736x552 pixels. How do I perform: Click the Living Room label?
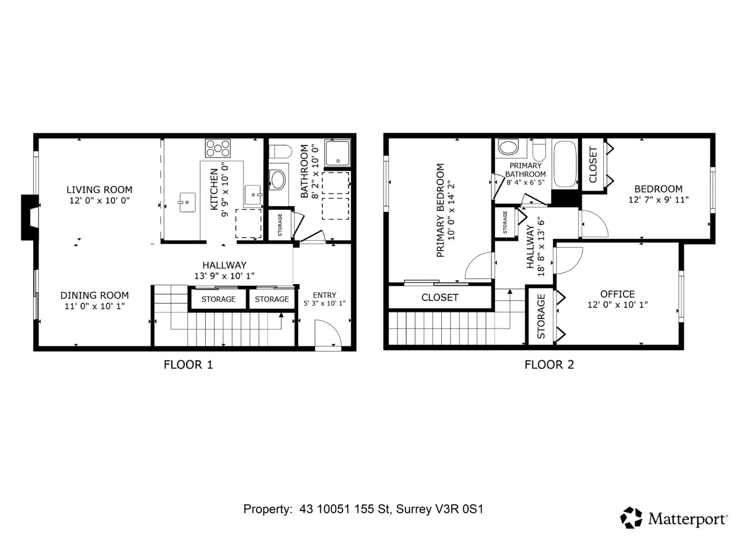click(99, 190)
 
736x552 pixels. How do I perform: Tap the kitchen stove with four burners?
click(218, 148)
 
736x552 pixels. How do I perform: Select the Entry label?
click(324, 295)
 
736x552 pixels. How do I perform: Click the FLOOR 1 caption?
click(188, 365)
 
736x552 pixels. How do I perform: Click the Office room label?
click(617, 294)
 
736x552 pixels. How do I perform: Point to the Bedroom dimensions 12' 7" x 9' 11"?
click(658, 200)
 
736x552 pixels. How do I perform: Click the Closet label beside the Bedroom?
click(593, 165)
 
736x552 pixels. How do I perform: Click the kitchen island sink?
click(187, 202)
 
